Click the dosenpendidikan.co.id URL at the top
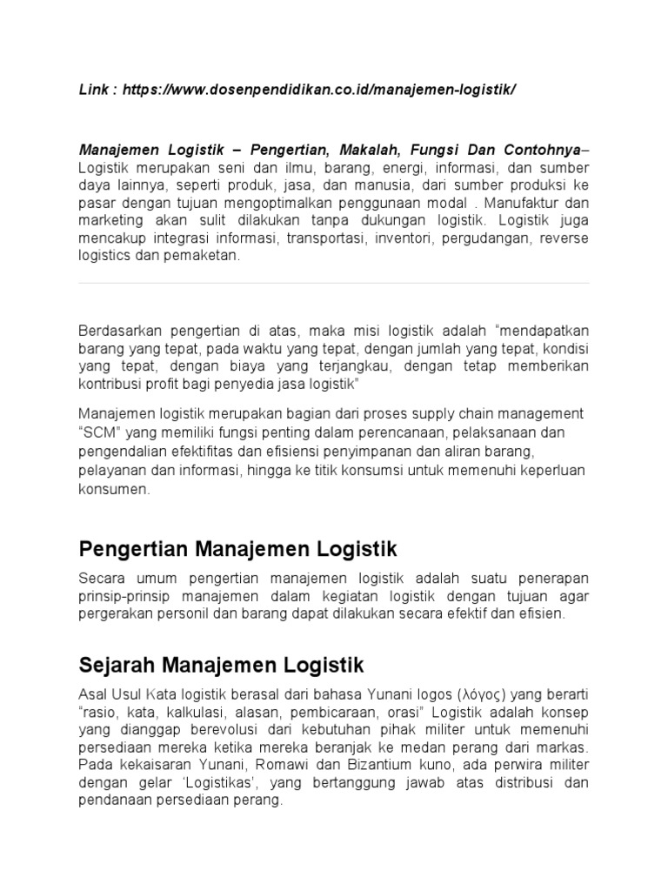(x=313, y=90)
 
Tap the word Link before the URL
(x=93, y=90)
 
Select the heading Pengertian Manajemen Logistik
(x=237, y=549)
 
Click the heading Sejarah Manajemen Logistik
(x=221, y=666)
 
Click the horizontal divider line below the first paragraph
(x=334, y=283)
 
